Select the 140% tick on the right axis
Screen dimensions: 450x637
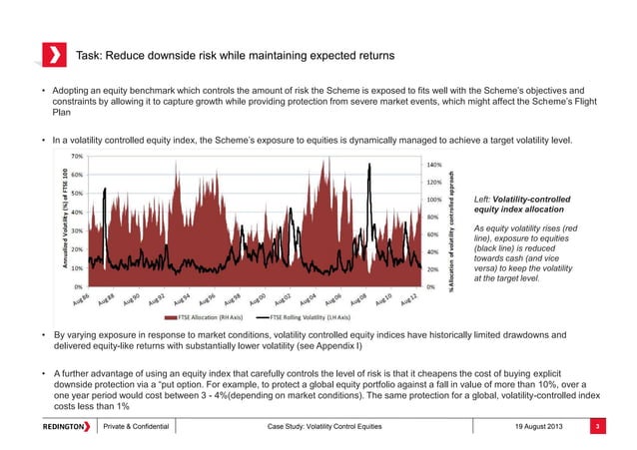[433, 166]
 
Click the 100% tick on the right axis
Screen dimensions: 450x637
[433, 200]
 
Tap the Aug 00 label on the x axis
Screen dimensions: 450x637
[257, 299]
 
